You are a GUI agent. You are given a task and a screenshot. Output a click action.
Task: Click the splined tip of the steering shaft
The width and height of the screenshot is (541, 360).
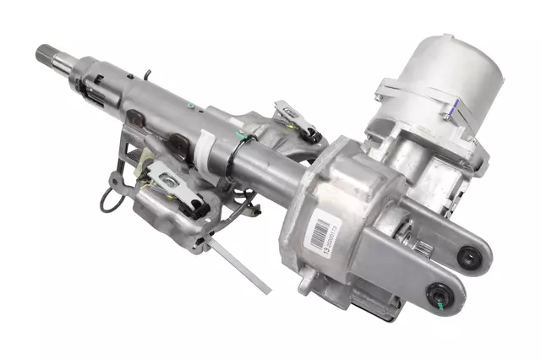(44, 56)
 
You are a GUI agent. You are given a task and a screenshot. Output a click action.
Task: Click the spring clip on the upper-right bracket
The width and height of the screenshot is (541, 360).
(291, 113)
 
